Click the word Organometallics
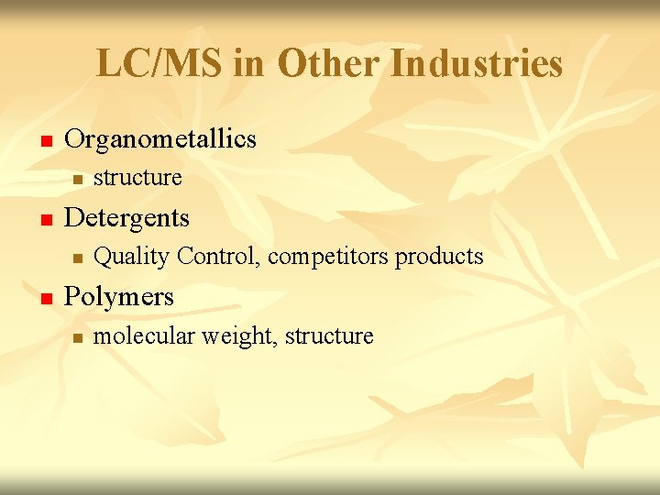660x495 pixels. coord(160,139)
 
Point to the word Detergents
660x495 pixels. coord(127,218)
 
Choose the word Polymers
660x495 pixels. coord(119,297)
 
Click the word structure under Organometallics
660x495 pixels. coord(138,177)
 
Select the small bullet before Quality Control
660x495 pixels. coord(79,258)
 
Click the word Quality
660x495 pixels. coord(132,256)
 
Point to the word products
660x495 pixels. coord(439,257)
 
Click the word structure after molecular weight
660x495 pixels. coord(330,336)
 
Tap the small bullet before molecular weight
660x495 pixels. coord(79,338)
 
